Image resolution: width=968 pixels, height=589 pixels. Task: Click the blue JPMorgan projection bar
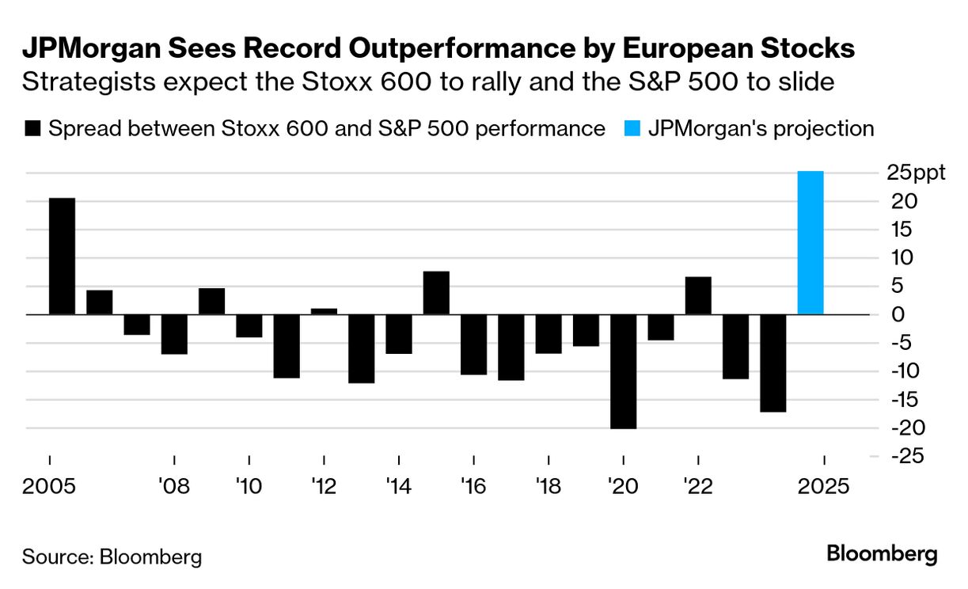click(x=810, y=242)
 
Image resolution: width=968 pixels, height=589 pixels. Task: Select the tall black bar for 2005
click(x=63, y=256)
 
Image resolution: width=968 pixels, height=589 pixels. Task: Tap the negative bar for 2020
click(x=623, y=371)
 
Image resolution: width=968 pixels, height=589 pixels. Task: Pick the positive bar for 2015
click(x=436, y=293)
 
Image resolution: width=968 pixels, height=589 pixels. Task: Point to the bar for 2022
click(x=698, y=295)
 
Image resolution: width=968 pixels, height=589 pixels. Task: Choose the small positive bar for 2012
click(x=324, y=311)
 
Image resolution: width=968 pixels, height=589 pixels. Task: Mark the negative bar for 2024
click(x=773, y=363)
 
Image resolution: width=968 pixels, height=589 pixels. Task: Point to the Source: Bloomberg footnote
click(x=112, y=557)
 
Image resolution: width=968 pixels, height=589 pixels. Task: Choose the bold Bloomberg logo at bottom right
click(x=882, y=554)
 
